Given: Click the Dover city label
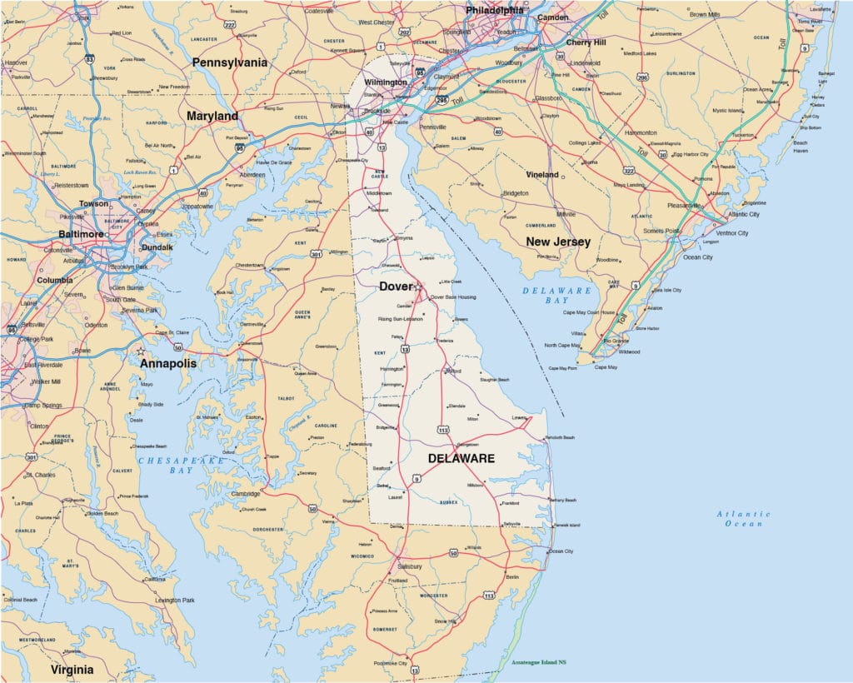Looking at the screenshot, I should point(395,286).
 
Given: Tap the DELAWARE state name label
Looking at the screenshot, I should point(461,458).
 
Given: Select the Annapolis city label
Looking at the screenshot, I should point(167,363).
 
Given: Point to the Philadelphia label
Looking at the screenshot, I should point(495,11).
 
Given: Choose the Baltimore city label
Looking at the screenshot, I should point(80,234).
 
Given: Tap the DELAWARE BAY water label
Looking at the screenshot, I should point(557,295).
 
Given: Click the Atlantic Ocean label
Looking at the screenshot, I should point(744,518).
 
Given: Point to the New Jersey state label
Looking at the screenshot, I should point(557,242).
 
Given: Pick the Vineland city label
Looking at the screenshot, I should point(541,175).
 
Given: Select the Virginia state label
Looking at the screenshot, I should point(72,669).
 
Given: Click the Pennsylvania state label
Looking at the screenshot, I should point(229,62).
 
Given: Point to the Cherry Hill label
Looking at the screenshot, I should point(590,42).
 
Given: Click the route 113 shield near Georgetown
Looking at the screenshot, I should point(442,430).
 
